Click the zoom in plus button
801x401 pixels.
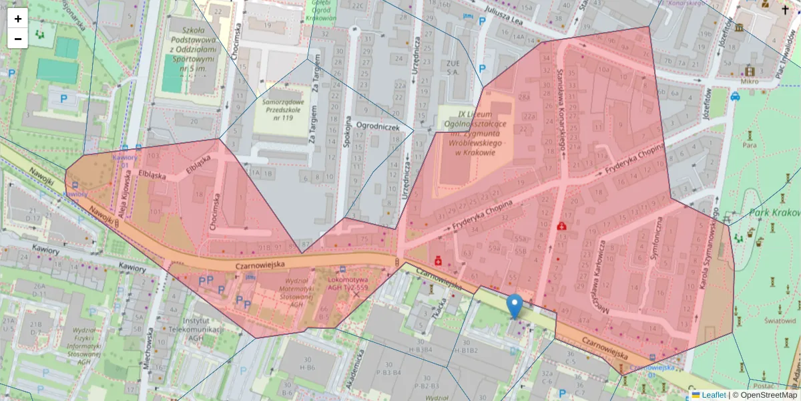click(18, 19)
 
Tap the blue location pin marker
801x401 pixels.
click(515, 305)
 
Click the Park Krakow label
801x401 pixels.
click(774, 213)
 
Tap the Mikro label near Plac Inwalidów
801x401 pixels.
click(750, 81)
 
